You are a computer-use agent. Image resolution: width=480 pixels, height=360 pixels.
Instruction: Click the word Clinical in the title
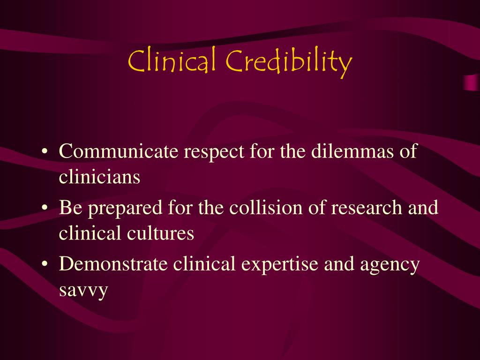172,61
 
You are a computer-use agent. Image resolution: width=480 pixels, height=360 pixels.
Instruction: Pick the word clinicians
99,177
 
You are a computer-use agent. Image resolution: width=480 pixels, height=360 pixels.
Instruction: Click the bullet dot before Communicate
45,152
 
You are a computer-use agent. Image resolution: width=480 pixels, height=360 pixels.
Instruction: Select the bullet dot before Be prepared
45,208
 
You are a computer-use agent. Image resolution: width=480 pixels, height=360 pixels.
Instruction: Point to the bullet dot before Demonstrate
45,264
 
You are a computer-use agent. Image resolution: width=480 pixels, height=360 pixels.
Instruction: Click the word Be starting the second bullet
69,207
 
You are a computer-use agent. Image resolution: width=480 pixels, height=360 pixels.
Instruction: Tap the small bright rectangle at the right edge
471,82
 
